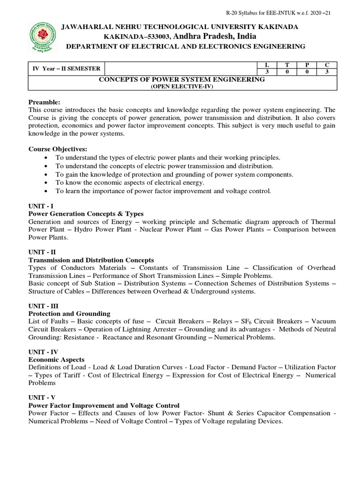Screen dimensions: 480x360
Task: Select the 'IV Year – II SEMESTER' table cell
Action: coord(66,68)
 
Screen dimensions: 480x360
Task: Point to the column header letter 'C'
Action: coord(327,65)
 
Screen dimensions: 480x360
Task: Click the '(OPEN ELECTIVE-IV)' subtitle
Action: coord(181,87)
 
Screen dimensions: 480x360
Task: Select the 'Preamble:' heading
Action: coord(45,102)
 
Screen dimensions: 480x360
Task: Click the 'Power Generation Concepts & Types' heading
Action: coord(86,214)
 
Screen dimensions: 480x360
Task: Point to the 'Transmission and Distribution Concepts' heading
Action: coord(91,260)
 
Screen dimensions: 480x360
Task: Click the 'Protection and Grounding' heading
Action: coord(69,313)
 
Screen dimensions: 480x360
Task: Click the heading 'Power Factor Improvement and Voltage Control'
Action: coord(104,405)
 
